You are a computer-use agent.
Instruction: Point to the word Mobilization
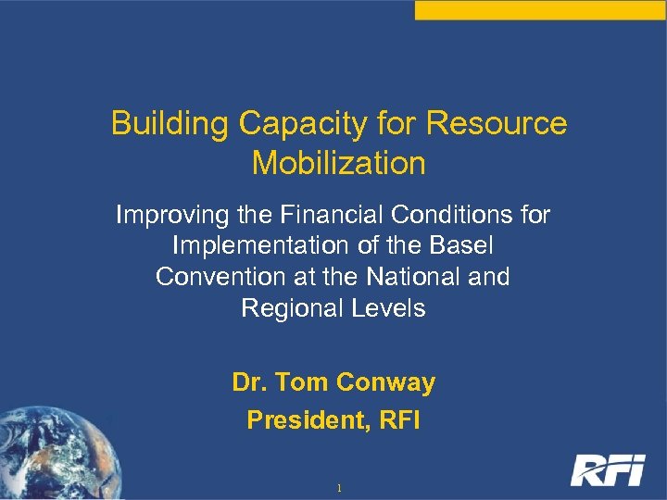pyautogui.click(x=338, y=163)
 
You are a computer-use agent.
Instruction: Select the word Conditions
pyautogui.click(x=446, y=215)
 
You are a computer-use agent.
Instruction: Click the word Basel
pyautogui.click(x=460, y=246)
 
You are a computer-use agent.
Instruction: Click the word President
pyautogui.click(x=295, y=419)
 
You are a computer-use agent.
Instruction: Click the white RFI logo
pyautogui.click(x=607, y=470)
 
